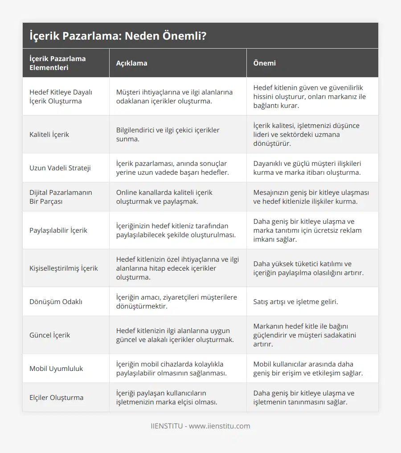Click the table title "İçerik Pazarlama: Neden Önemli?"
(x=118, y=36)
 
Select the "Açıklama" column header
(x=131, y=63)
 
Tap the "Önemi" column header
(x=264, y=63)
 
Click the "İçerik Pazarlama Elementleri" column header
(x=57, y=63)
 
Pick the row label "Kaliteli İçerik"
(x=49, y=134)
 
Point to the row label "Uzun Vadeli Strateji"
(x=60, y=168)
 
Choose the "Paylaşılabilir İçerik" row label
(x=58, y=231)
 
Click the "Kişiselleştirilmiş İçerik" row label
(x=64, y=268)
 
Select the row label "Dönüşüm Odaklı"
(x=56, y=301)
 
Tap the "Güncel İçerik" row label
(x=50, y=335)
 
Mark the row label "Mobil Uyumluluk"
(x=56, y=369)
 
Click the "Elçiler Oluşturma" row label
(x=56, y=397)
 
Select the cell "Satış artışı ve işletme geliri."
(x=295, y=301)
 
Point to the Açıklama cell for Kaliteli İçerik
(x=168, y=134)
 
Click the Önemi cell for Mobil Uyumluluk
(x=308, y=369)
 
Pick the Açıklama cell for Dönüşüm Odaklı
(x=176, y=301)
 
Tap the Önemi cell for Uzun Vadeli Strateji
(x=307, y=168)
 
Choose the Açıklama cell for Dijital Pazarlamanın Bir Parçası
(x=164, y=197)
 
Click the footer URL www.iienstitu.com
(x=220, y=426)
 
